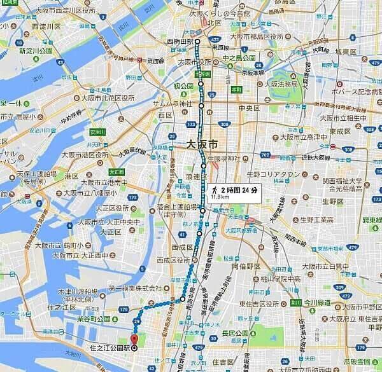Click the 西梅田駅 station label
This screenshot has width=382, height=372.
pos(180,41)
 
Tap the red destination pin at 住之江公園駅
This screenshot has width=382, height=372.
pos(134,339)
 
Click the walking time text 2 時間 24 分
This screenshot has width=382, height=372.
pos(239,189)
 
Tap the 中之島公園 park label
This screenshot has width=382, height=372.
pos(239,58)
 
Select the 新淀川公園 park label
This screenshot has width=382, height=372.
pos(34,50)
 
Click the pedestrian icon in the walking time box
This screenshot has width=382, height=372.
pos(215,189)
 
